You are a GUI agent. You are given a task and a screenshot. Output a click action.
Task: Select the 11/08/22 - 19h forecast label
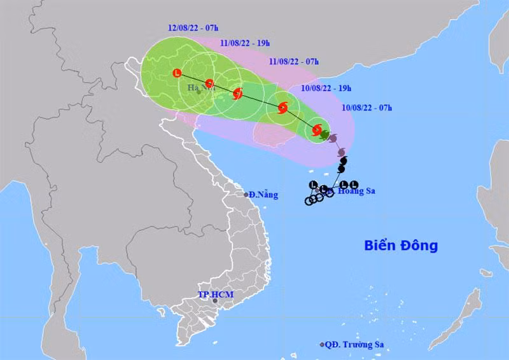pyautogui.click(x=244, y=43)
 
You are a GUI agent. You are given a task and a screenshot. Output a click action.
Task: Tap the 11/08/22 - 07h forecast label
pyautogui.click(x=294, y=62)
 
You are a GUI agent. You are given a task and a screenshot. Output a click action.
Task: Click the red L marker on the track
pyautogui.click(x=178, y=74)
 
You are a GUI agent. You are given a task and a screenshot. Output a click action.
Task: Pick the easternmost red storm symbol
pyautogui.click(x=317, y=131)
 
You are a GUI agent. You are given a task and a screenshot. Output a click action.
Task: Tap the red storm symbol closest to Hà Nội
pyautogui.click(x=209, y=83)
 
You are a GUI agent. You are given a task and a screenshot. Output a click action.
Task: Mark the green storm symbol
pyautogui.click(x=324, y=135)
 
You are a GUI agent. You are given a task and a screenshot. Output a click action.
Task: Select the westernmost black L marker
pyautogui.click(x=313, y=185)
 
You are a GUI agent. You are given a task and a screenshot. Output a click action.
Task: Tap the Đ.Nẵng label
pyautogui.click(x=264, y=195)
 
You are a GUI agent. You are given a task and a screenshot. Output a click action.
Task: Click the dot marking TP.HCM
pyautogui.click(x=215, y=301)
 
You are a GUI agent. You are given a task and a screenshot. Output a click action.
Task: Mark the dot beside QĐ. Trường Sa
pyautogui.click(x=322, y=345)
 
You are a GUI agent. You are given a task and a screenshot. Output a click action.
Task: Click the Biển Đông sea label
pyautogui.click(x=401, y=245)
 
